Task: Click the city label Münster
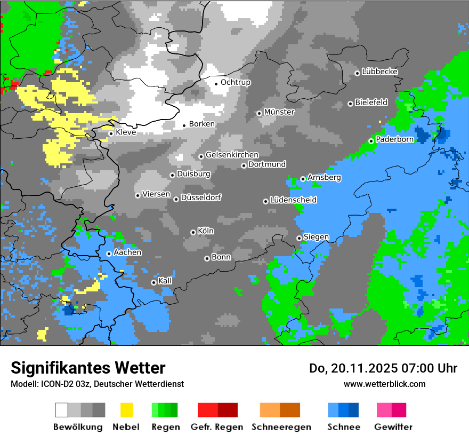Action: tap(279, 112)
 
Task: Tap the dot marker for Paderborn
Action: tap(371, 141)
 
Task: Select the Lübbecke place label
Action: tap(379, 72)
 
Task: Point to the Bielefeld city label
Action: tap(371, 102)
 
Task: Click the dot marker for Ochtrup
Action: tap(216, 83)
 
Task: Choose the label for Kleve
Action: tap(126, 132)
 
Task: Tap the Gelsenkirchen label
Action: tap(232, 155)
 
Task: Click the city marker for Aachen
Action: tap(109, 254)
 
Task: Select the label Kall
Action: tap(165, 281)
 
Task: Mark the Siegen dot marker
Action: tap(299, 238)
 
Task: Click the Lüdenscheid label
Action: tap(293, 200)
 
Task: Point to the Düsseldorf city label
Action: tap(201, 197)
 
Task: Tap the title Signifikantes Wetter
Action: tap(88, 368)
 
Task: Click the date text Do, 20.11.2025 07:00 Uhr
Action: tap(383, 368)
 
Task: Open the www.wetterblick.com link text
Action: tap(384, 384)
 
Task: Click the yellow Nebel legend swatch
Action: tap(126, 410)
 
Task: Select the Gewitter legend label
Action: tap(393, 427)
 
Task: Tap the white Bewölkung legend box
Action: tap(62, 410)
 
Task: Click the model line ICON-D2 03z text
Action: tap(97, 384)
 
